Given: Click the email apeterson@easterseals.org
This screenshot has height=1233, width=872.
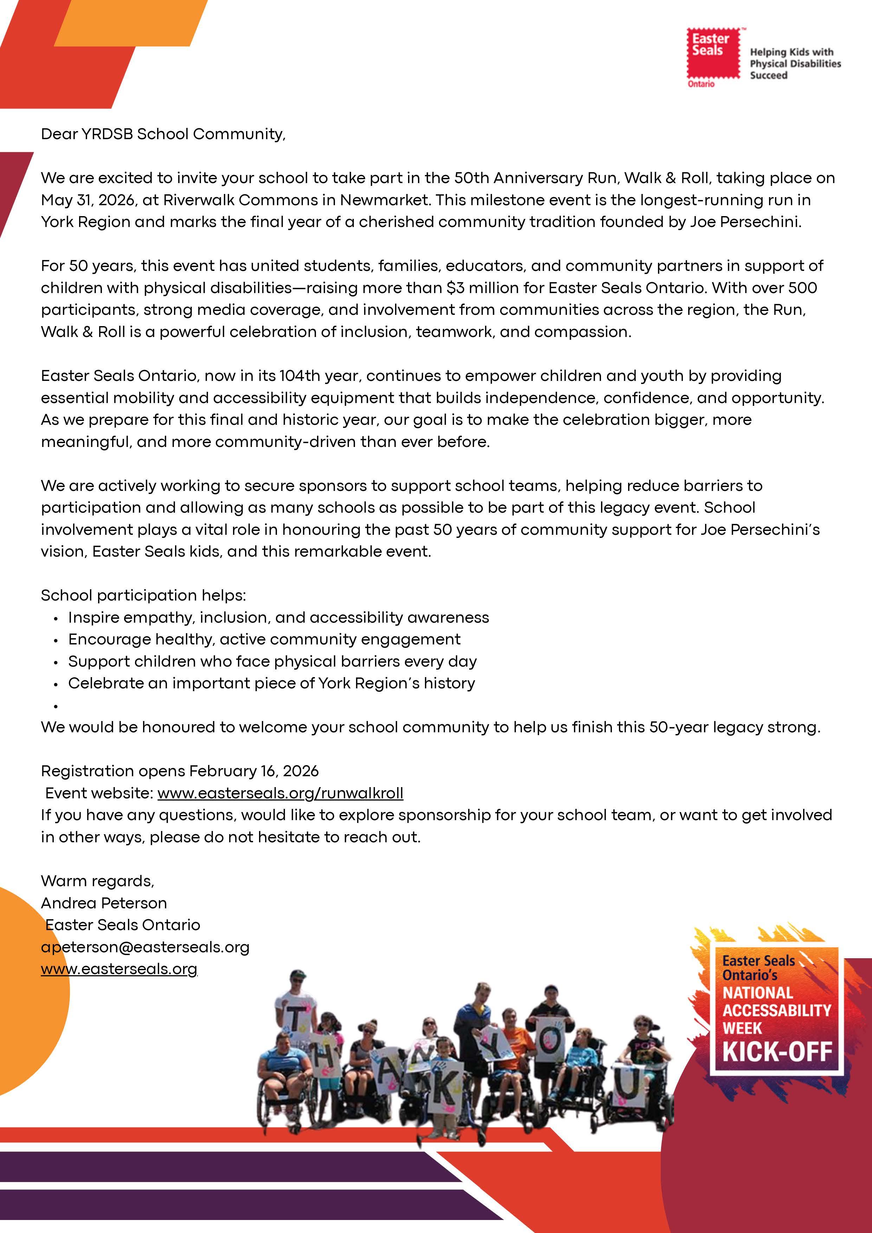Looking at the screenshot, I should pyautogui.click(x=145, y=947).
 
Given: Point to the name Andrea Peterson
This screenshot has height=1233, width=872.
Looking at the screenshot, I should pyautogui.click(x=104, y=903).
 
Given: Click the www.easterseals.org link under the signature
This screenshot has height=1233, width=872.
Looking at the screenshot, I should pyautogui.click(x=119, y=969).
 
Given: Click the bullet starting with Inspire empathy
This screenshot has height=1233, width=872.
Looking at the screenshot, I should pyautogui.click(x=278, y=618).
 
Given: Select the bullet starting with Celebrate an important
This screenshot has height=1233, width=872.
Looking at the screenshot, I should pyautogui.click(x=271, y=684).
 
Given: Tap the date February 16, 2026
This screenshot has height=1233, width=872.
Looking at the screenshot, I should pyautogui.click(x=254, y=771).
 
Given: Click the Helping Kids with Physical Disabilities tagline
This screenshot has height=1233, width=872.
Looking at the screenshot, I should pyautogui.click(x=795, y=63).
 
